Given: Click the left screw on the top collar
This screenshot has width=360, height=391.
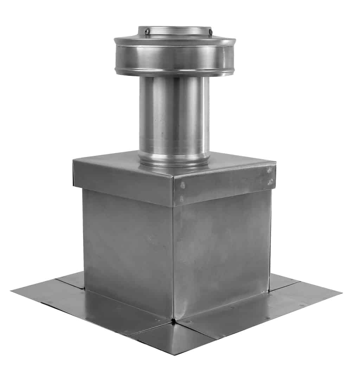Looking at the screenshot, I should pos(148,32).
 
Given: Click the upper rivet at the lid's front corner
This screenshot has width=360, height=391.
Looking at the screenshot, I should pos(182,185).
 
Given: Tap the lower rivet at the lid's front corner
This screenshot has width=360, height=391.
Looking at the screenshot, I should pos(181,199).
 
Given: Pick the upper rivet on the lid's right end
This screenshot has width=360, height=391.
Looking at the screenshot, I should pos(270,170).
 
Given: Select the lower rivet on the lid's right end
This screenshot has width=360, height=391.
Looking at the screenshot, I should pos(270,182).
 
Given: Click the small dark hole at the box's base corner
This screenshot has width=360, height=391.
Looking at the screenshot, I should pos(173,320).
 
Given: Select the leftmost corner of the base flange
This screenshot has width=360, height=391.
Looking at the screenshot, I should pos(12,291).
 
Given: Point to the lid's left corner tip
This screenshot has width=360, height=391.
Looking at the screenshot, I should pos(73,161).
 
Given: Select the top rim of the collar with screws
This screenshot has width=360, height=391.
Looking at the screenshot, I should pos(175,27).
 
